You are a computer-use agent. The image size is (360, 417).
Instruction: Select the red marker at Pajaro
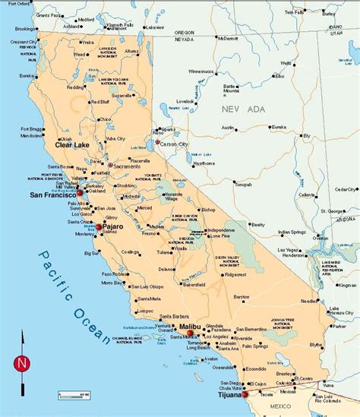click(98, 226)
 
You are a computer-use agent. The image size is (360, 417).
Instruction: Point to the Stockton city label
click(128, 185)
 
